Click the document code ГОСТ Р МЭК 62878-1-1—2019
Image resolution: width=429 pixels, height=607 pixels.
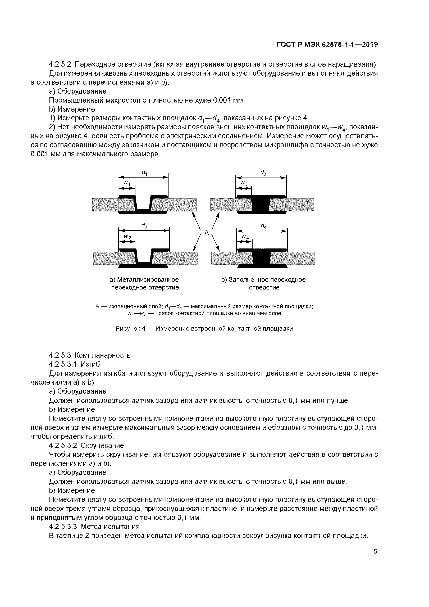point(327,45)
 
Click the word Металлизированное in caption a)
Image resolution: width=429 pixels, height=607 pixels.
point(148,280)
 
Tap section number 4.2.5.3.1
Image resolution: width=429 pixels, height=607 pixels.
point(63,364)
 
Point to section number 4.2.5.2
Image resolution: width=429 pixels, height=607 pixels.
point(60,64)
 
